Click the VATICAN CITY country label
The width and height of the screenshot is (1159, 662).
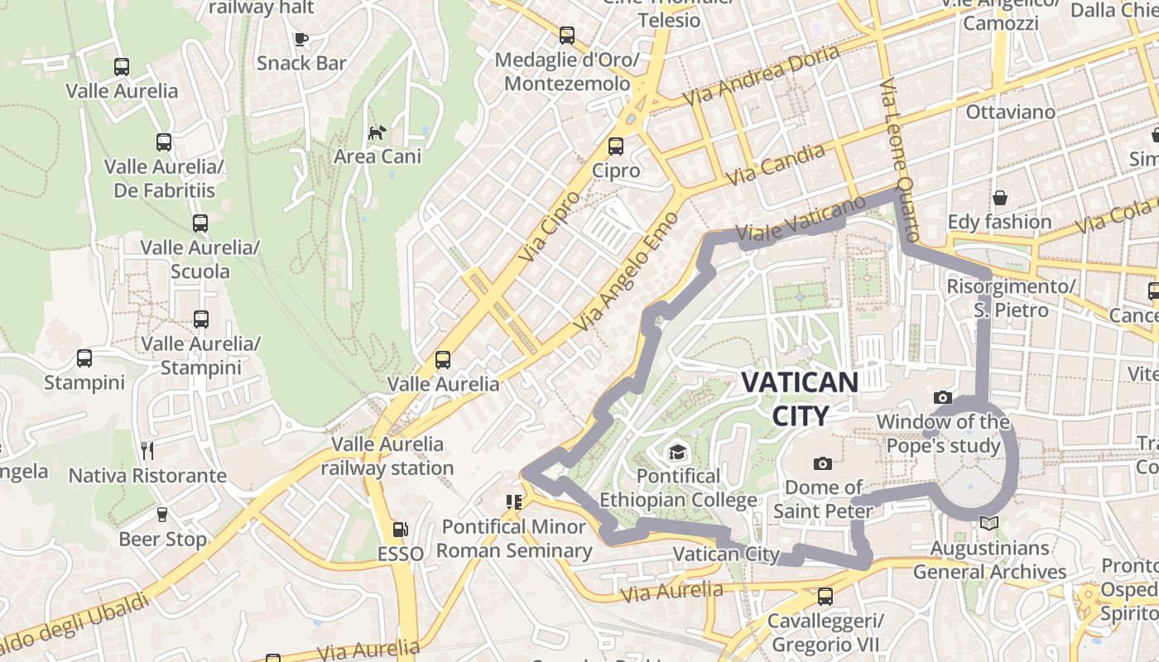point(800,398)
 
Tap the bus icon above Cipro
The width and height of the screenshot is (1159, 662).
point(616,146)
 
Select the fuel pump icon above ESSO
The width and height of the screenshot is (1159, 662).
point(400,529)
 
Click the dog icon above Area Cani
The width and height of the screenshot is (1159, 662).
point(378,132)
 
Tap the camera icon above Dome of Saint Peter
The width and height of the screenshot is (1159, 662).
point(822,463)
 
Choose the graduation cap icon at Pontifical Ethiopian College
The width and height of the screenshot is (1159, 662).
point(678,452)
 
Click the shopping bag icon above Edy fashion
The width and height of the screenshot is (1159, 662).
point(1000,198)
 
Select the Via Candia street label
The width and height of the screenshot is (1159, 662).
point(775,165)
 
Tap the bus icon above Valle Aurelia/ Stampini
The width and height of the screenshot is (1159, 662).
point(200,319)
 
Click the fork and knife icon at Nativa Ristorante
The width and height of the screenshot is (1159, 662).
point(147,451)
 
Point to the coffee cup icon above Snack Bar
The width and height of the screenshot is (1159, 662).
point(301,39)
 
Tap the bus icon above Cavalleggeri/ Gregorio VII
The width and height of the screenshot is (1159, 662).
point(825,596)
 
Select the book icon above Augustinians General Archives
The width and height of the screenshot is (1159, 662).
point(988,523)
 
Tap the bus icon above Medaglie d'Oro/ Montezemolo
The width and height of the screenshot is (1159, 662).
point(567,36)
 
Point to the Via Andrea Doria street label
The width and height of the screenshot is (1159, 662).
point(761,75)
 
